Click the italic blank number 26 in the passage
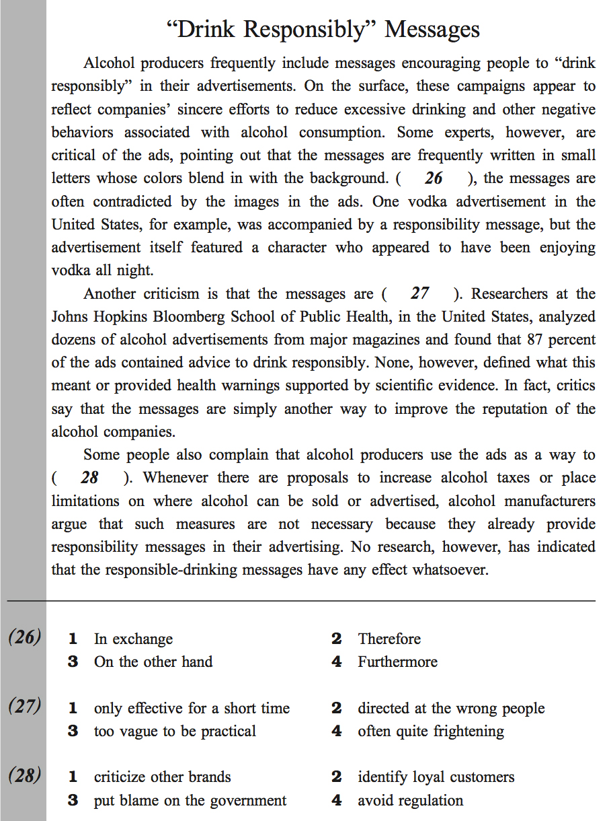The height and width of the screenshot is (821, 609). point(434,178)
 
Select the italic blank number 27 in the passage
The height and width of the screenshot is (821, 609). point(420,293)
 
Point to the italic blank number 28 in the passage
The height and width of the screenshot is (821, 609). point(89,478)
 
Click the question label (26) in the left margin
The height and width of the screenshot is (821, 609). point(24,637)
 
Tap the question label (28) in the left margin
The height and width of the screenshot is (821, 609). point(24,776)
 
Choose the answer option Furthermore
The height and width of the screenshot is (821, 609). point(397,662)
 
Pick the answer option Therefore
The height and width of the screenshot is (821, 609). point(389,639)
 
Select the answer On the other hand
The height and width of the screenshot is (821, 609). point(153,662)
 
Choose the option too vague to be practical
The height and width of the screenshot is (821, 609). point(175,731)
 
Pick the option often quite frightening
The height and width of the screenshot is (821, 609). point(431,731)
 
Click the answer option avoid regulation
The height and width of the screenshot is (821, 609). point(410,801)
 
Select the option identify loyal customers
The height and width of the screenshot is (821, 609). point(436,777)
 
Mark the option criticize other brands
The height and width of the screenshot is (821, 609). point(162,777)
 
